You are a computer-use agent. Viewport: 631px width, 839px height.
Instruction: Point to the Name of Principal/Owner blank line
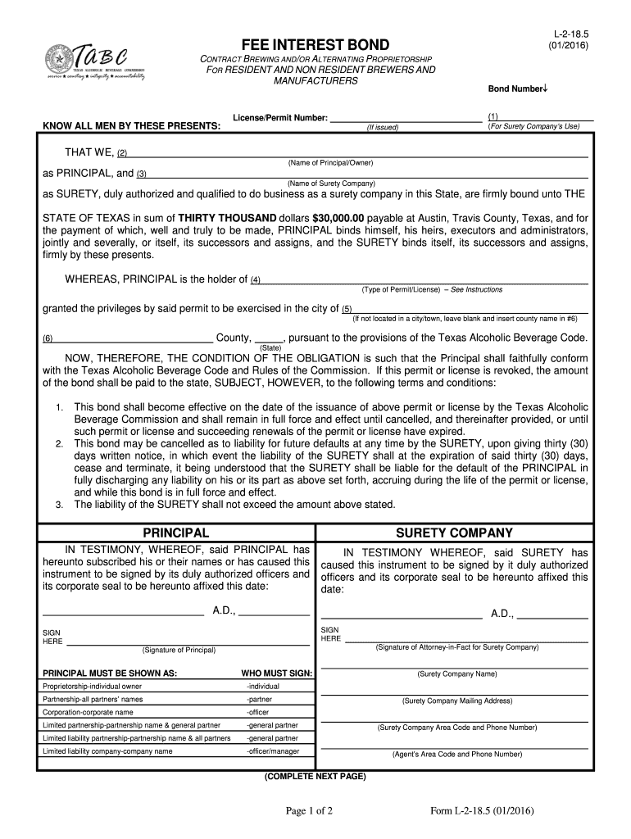coord(358,154)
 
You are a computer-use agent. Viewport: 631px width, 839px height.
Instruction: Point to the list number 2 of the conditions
coord(60,443)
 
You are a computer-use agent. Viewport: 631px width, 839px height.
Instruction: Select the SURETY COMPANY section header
coord(454,533)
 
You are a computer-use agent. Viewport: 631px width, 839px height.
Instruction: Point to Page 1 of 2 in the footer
coord(315,811)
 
